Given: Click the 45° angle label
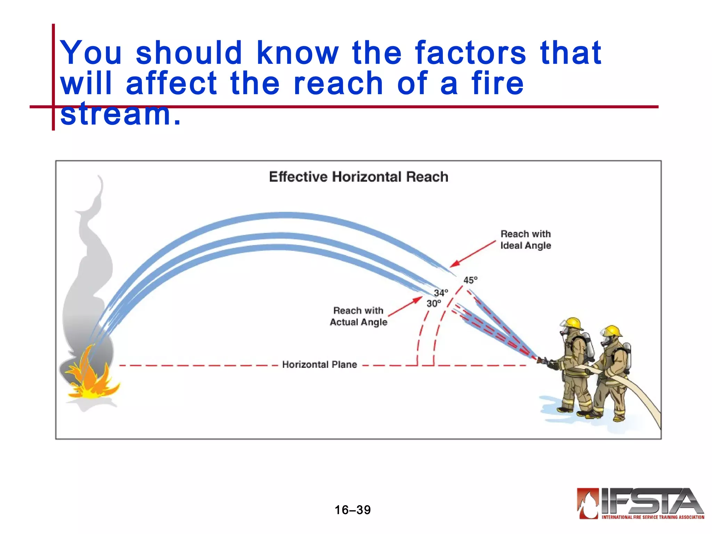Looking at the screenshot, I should [x=470, y=280].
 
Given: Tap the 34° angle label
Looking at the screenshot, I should [x=441, y=293].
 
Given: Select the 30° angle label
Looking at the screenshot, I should [x=434, y=304].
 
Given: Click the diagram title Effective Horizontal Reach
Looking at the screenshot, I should [x=358, y=177].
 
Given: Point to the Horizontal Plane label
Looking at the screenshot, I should [x=319, y=364].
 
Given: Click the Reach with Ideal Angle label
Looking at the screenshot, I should [x=526, y=240].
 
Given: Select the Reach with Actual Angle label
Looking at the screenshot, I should [x=358, y=316].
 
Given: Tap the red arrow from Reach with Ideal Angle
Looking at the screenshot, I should [x=473, y=254].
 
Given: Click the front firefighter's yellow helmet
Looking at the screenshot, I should [x=573, y=323].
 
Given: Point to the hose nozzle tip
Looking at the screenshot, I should [x=540, y=360].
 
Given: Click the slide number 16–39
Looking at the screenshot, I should [x=353, y=510].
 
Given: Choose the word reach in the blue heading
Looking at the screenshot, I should [x=338, y=83].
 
